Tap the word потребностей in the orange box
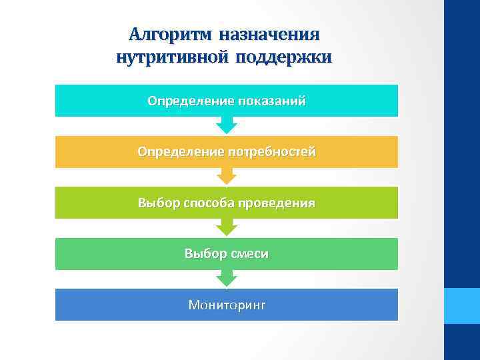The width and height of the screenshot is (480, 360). (x=272, y=152)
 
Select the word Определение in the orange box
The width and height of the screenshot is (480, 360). (x=179, y=152)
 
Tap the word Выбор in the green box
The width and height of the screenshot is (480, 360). (x=204, y=254)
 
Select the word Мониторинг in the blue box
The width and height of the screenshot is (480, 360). (x=227, y=305)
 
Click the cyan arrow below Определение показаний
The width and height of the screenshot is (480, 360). (x=227, y=125)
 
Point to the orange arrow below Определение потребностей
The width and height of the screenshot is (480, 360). (x=227, y=175)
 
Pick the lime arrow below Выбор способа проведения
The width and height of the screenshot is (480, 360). (x=227, y=227)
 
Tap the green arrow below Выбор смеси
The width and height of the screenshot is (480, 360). (x=227, y=278)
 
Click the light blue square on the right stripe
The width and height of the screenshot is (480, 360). (x=462, y=306)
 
